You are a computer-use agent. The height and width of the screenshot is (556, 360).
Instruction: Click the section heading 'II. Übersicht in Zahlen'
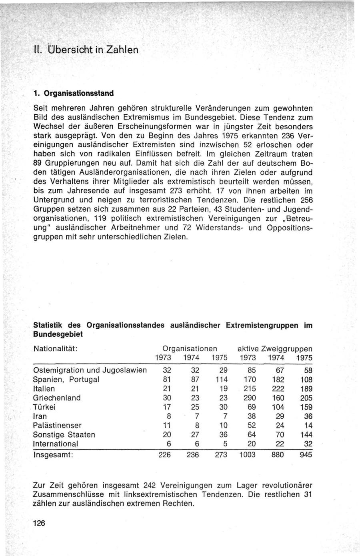[x=86, y=50]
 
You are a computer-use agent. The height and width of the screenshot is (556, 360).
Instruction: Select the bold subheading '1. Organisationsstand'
[x=74, y=93]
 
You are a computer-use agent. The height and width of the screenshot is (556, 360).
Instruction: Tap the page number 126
[x=40, y=524]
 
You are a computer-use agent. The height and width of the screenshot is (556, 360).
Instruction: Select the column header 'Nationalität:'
[x=55, y=349]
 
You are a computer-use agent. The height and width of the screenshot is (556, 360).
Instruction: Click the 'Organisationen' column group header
[x=190, y=349]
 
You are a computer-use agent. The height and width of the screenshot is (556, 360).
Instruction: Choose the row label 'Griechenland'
[x=57, y=398]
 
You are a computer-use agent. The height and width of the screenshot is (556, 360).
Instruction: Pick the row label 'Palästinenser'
[x=58, y=426]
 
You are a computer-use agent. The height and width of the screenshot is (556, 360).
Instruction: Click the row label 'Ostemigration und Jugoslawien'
[x=90, y=370]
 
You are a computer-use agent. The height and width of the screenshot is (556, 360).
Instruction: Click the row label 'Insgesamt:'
[x=53, y=455]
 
